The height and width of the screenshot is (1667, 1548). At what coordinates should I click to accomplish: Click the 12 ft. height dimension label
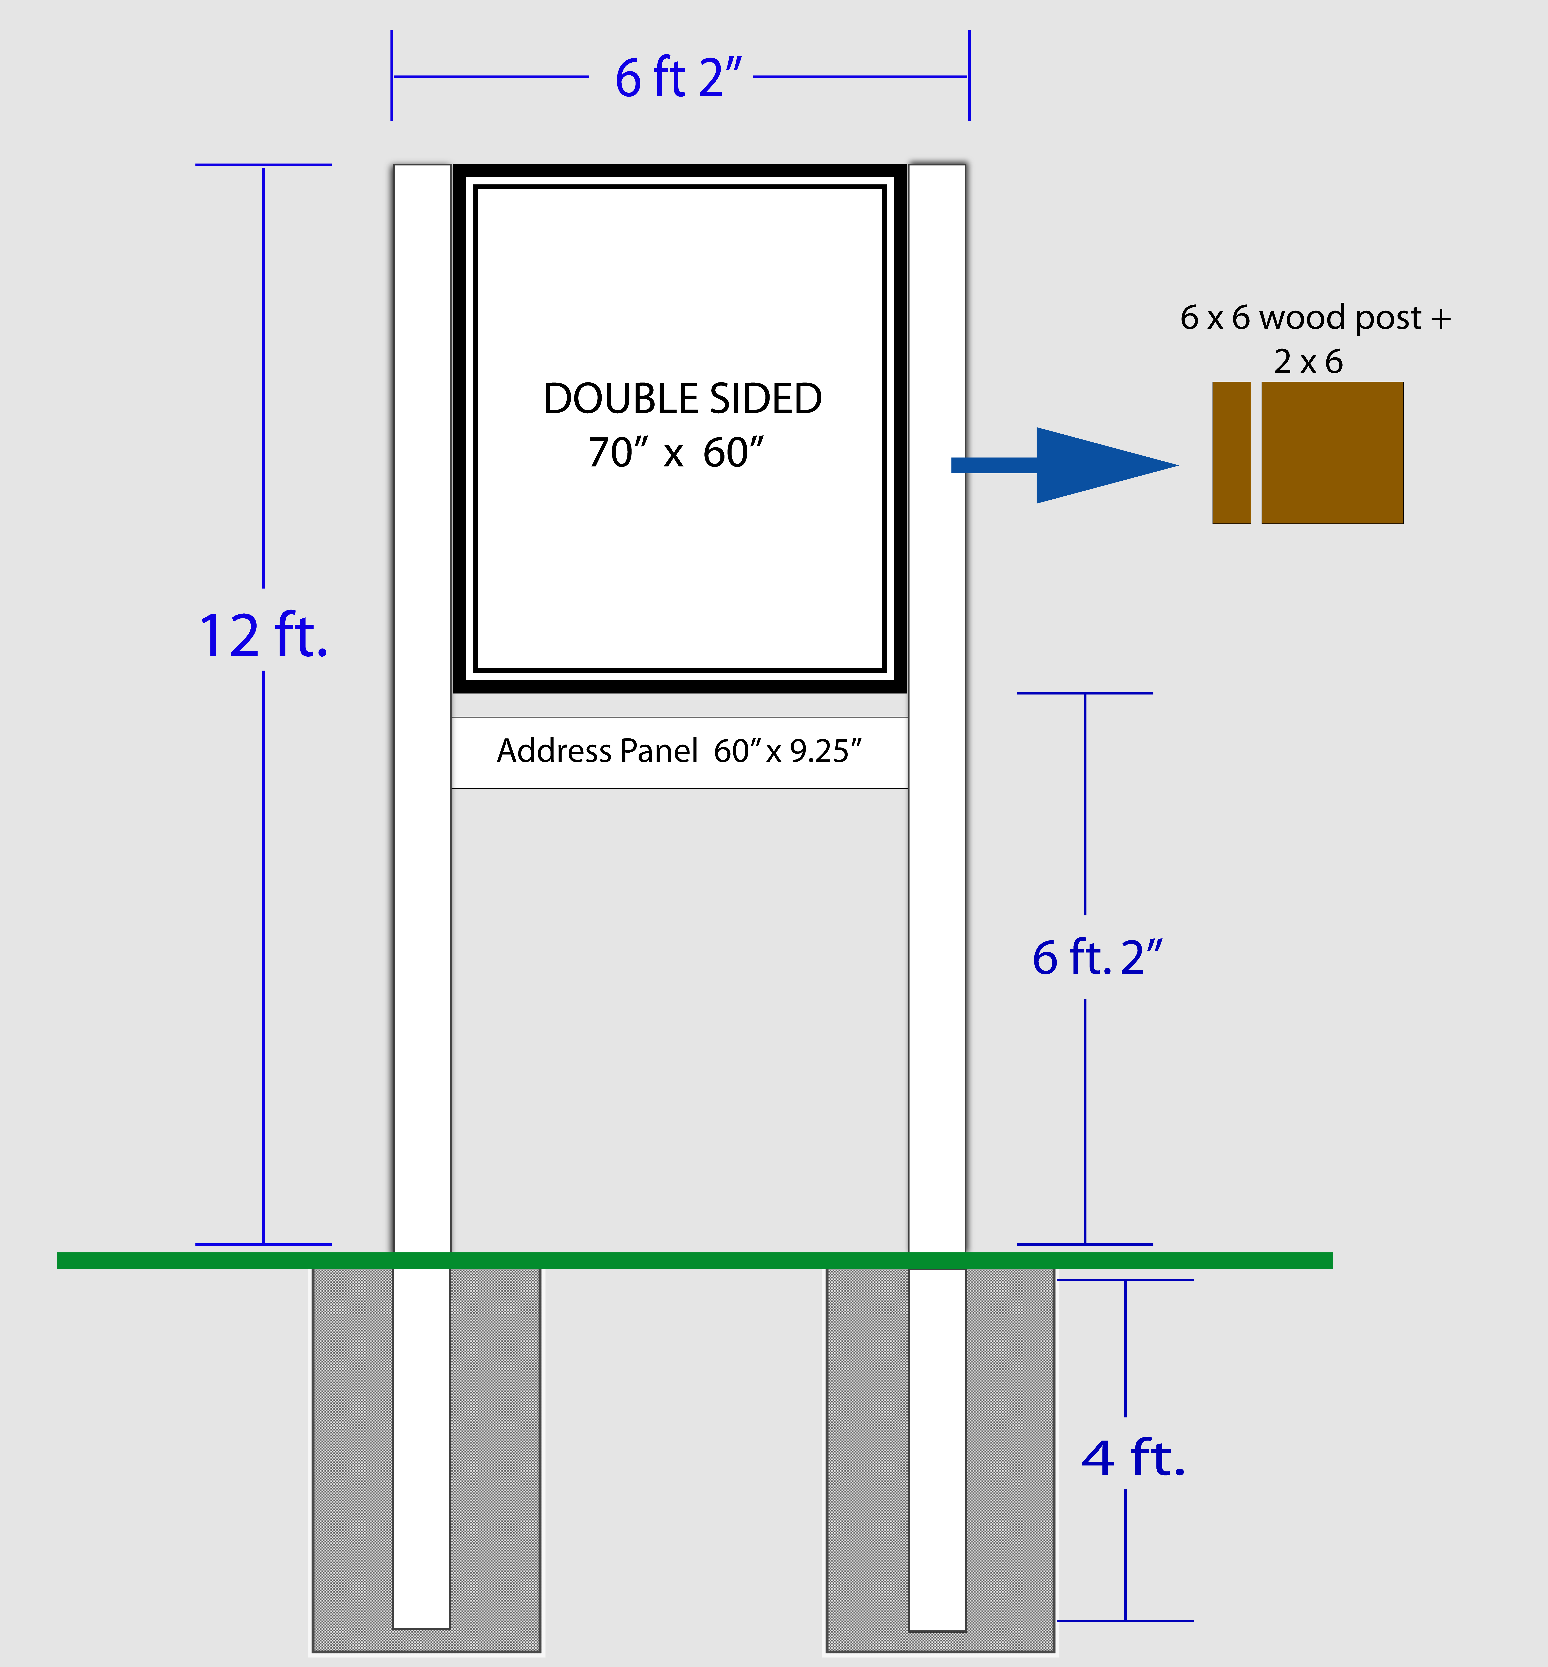[263, 636]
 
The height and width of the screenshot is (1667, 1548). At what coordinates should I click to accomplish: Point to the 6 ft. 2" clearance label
[1097, 957]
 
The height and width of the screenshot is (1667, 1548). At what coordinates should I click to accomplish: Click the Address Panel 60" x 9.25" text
[679, 751]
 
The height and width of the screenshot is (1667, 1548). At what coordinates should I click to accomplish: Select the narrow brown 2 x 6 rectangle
[1231, 453]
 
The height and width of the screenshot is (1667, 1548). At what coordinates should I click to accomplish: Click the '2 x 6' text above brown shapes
[1308, 362]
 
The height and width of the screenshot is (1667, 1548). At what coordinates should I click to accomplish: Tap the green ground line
[694, 1261]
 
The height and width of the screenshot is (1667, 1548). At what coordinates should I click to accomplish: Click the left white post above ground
[422, 708]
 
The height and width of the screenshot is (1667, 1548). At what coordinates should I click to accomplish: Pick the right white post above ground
[937, 708]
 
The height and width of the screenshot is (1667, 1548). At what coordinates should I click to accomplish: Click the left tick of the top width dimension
[392, 75]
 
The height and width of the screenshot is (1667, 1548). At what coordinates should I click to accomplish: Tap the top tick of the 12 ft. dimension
[263, 165]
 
